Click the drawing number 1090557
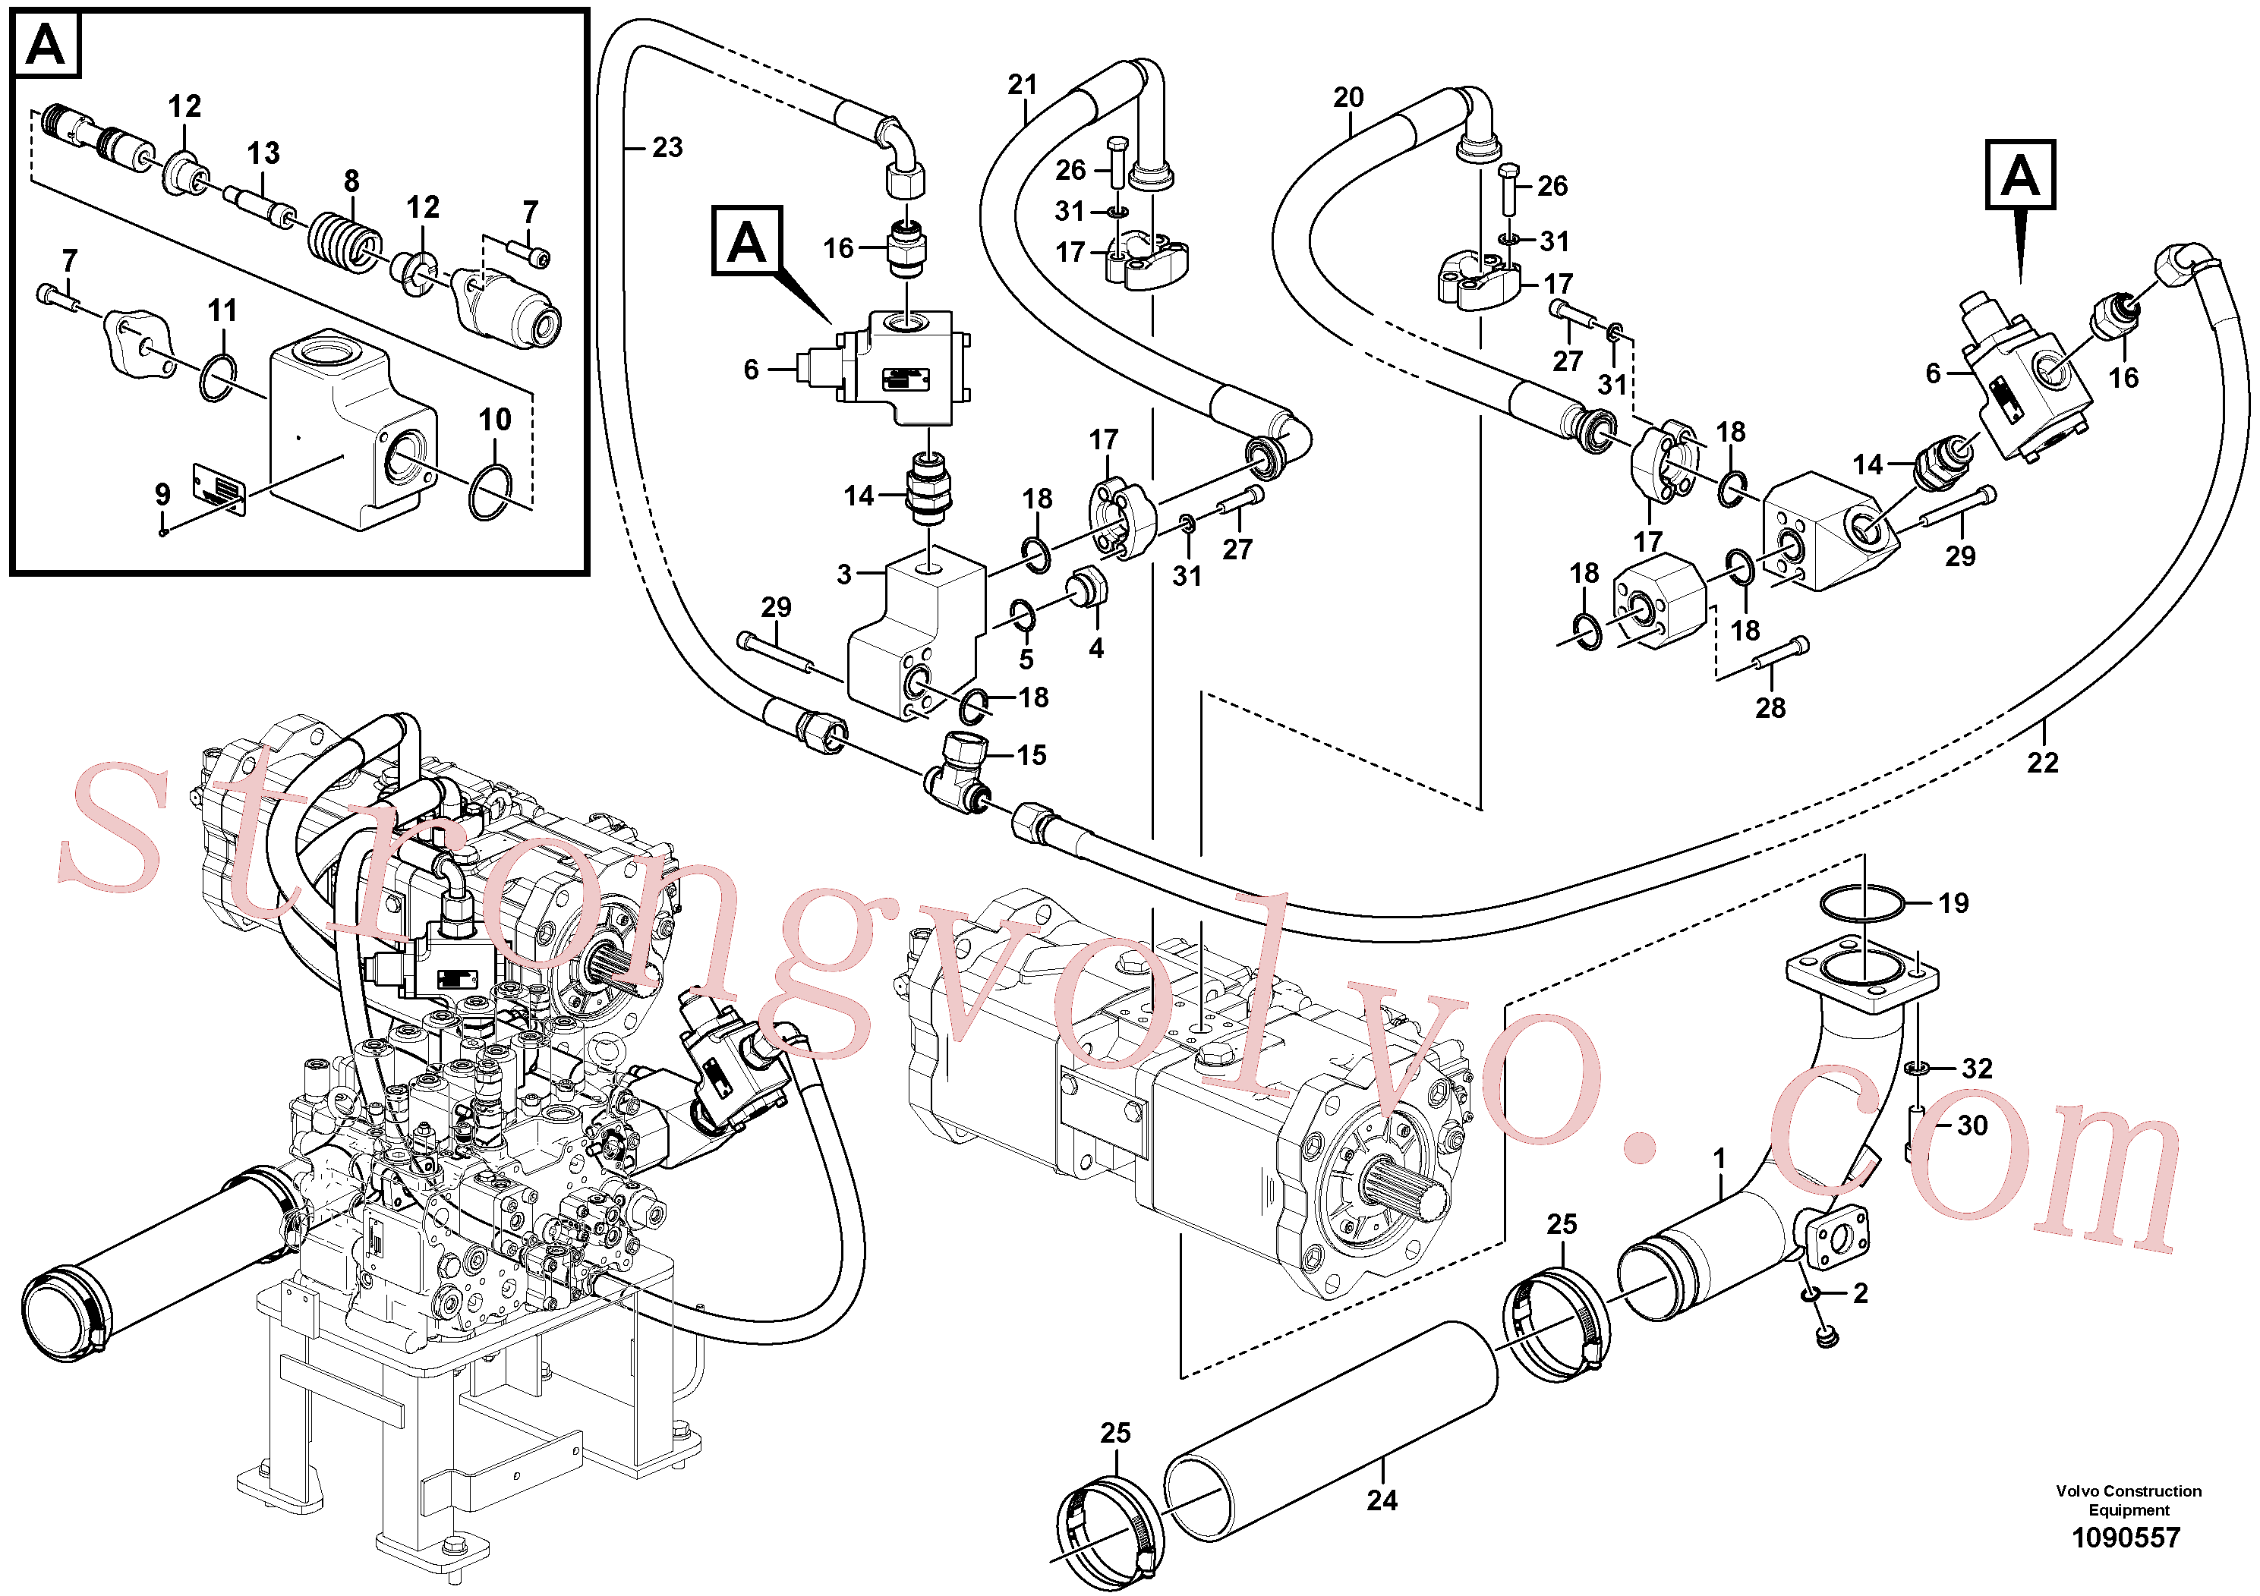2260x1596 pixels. (x=2126, y=1537)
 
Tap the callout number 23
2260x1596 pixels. (x=667, y=147)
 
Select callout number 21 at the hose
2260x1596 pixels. (x=1023, y=85)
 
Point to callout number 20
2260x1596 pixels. (x=1348, y=97)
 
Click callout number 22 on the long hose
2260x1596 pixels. (x=2042, y=763)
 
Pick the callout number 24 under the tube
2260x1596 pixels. (x=1382, y=1500)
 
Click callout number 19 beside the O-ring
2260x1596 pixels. (x=1954, y=903)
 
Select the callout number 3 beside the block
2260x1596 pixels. (x=843, y=574)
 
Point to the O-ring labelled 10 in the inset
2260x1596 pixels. (x=491, y=492)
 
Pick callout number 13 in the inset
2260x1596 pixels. (x=263, y=153)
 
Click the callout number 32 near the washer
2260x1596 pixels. (x=1977, y=1069)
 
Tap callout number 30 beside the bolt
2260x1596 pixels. (x=1972, y=1125)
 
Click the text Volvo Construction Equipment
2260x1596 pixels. (x=2128, y=1500)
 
